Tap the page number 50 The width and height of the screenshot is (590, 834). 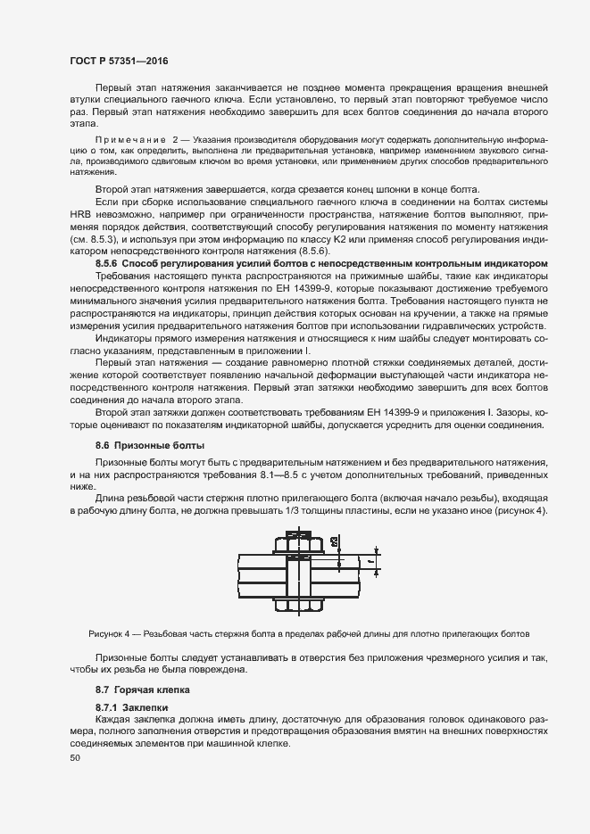tap(74, 758)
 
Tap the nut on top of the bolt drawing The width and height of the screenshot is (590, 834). tap(295, 540)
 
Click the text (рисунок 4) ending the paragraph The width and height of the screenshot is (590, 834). tap(517, 510)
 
